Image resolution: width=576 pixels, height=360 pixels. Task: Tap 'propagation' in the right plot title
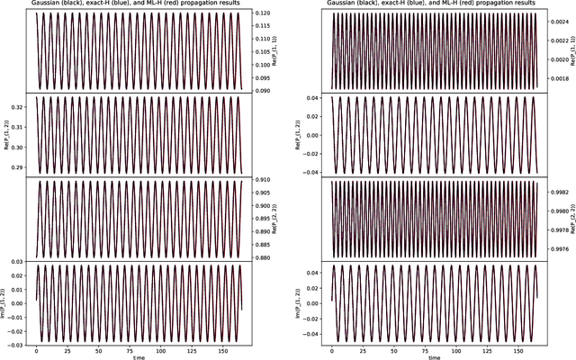pyautogui.click(x=494, y=4)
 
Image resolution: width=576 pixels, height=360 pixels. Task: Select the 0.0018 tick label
pyautogui.click(x=559, y=79)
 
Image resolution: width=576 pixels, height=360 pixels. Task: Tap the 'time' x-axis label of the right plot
pyautogui.click(x=435, y=357)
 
